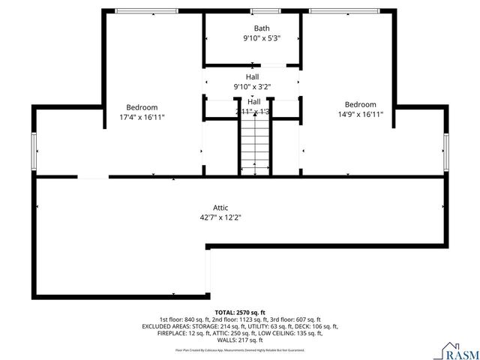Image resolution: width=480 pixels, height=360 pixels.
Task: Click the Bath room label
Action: (x=261, y=28)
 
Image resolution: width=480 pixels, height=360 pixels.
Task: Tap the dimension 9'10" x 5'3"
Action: (x=261, y=38)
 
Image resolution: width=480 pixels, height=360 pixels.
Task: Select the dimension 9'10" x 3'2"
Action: (x=252, y=86)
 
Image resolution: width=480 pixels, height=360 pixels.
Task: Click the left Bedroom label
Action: (x=142, y=107)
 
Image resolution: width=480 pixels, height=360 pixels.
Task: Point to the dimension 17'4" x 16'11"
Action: (x=142, y=117)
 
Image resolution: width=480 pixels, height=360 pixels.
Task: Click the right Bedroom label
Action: (x=360, y=104)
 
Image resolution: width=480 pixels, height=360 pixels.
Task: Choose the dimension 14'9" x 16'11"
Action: (x=360, y=114)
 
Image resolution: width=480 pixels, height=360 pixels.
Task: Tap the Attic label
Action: (x=220, y=208)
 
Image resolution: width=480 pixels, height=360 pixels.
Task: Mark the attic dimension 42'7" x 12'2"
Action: (x=220, y=217)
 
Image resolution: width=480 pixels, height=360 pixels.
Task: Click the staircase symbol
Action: (x=254, y=146)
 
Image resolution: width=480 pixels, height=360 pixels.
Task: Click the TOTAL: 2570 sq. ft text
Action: (x=240, y=312)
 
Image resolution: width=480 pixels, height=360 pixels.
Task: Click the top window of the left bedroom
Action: (x=146, y=10)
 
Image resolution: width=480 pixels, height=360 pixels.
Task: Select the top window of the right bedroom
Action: (x=346, y=10)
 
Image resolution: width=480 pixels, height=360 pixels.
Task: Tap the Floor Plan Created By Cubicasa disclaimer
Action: (x=240, y=349)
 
